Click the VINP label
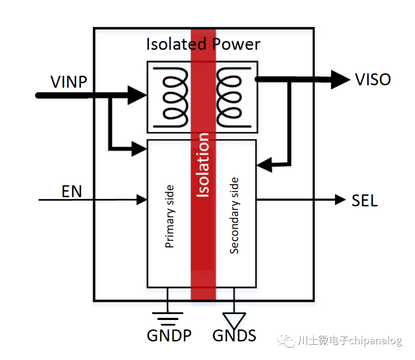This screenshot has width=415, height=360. click(69, 82)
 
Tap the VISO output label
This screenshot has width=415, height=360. click(373, 80)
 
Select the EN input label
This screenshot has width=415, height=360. click(72, 191)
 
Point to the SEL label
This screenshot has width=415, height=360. click(365, 200)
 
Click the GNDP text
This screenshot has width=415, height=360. click(169, 336)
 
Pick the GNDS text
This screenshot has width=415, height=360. click(234, 336)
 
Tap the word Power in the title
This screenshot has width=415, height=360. click(237, 44)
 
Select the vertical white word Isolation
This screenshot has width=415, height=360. click(203, 165)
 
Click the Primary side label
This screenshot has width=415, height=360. click(169, 217)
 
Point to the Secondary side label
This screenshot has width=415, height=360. click(234, 215)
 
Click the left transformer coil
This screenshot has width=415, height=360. click(175, 97)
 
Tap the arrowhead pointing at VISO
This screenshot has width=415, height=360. click(340, 80)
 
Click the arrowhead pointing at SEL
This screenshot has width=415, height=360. click(340, 200)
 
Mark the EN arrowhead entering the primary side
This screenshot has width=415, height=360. click(143, 200)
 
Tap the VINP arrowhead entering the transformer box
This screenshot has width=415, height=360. click(137, 95)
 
